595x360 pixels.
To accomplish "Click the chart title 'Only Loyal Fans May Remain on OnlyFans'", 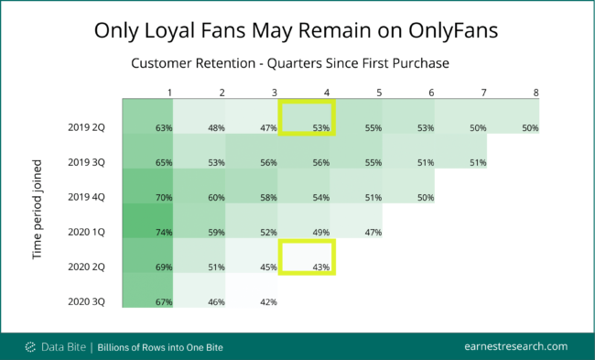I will click(297, 30).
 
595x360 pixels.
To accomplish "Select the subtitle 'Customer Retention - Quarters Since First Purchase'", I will click(297, 64).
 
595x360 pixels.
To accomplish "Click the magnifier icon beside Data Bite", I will click(31, 346).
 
